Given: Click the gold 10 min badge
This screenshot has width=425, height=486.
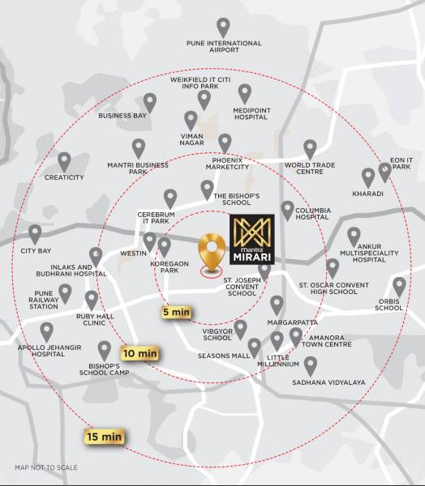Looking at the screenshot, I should tap(140, 354).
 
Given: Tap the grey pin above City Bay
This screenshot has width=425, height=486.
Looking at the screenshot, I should tap(35, 234).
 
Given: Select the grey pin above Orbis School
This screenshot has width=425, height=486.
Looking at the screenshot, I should tap(399, 286).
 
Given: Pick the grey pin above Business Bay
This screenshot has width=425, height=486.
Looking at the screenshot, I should tap(150, 102).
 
